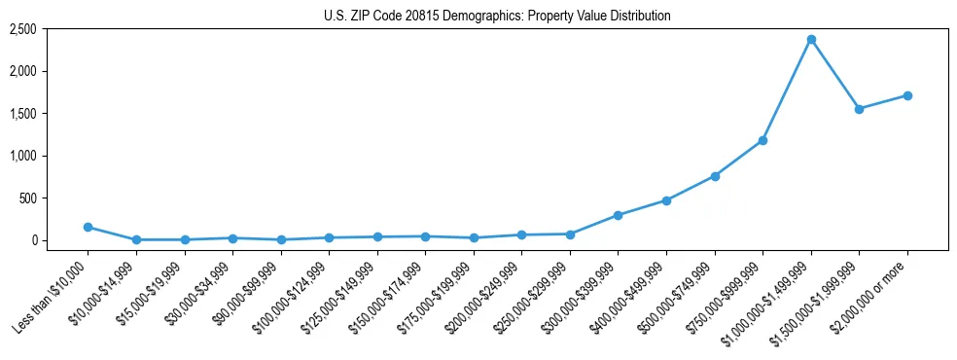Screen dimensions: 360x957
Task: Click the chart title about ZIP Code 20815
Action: [x=497, y=16]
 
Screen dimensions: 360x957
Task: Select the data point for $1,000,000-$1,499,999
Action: [x=811, y=40]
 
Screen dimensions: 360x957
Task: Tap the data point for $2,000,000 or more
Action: [x=907, y=95]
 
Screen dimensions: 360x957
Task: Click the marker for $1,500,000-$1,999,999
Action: [x=859, y=109]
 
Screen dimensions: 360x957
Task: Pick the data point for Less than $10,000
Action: [x=89, y=227]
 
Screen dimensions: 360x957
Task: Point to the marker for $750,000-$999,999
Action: [x=762, y=140]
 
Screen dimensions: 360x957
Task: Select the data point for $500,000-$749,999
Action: [x=715, y=176]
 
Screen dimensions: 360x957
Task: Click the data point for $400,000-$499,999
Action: [x=666, y=200]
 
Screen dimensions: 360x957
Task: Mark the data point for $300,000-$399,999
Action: [x=619, y=215]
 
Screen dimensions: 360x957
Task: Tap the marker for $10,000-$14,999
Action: [x=136, y=239]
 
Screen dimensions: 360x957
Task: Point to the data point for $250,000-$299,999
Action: [x=570, y=234]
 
